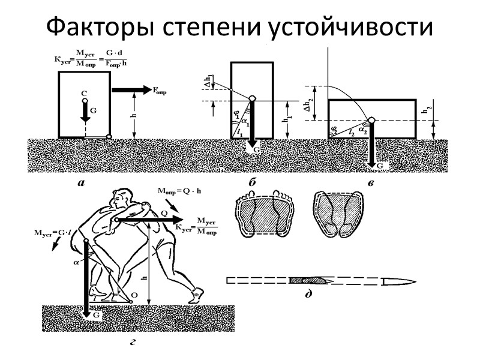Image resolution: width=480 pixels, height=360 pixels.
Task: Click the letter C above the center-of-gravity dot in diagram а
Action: [x=84, y=93]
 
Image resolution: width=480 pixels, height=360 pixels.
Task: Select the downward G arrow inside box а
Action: [x=85, y=111]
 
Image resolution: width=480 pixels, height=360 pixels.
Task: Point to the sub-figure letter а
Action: [x=82, y=184]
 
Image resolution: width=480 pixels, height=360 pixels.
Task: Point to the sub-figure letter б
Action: [x=245, y=181]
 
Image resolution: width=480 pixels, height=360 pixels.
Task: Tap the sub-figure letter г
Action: [x=132, y=343]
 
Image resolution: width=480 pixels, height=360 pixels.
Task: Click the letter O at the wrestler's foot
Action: [x=133, y=295]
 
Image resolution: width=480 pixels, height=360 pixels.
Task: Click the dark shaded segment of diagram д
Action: [x=308, y=280]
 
